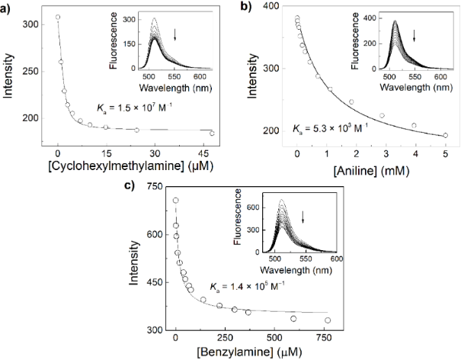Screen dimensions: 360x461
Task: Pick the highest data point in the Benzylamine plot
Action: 176,201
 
